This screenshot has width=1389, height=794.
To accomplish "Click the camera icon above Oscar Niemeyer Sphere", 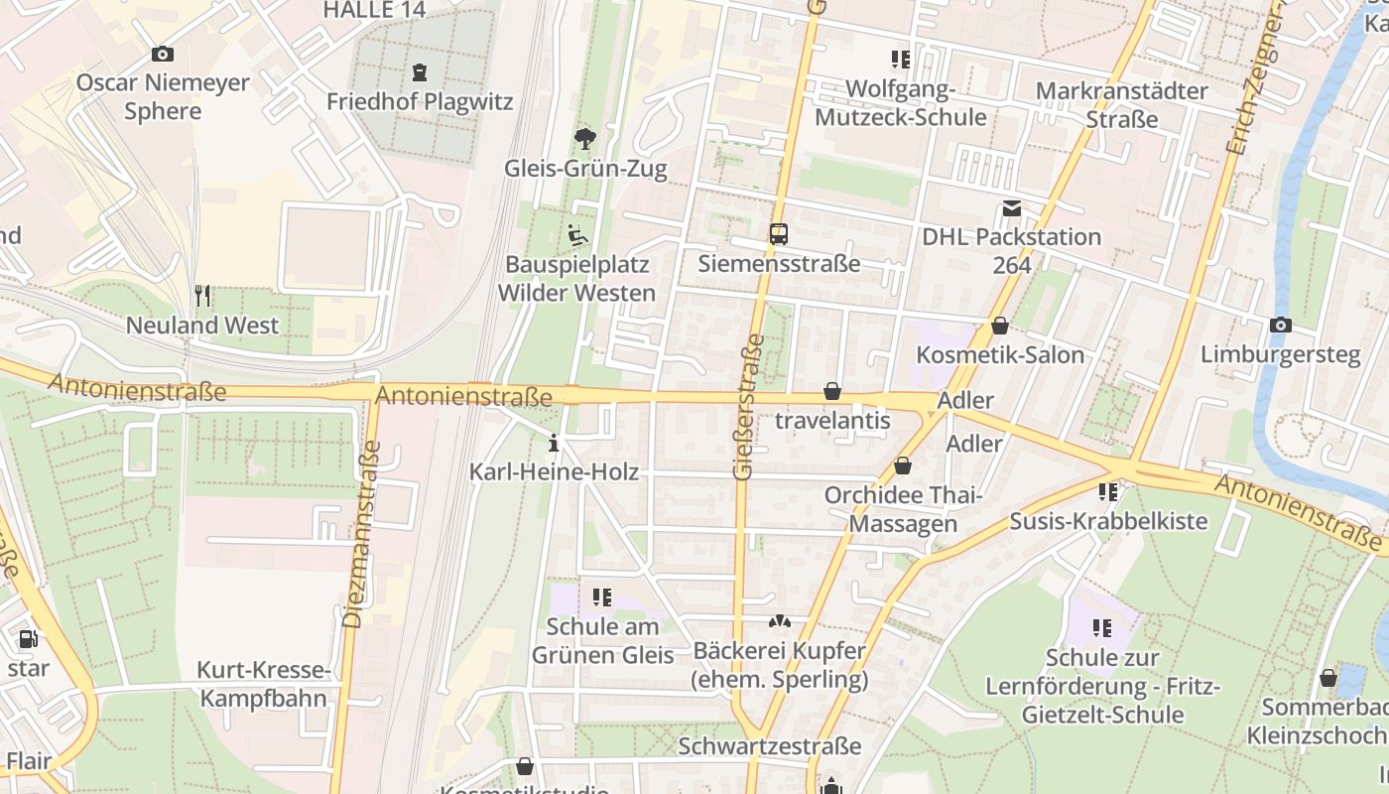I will coord(163,54).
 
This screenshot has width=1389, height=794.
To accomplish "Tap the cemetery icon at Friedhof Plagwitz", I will coord(419,71).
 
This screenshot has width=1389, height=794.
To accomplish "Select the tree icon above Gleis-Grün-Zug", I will coord(585,138).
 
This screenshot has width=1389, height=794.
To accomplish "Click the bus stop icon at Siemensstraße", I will coord(779,234).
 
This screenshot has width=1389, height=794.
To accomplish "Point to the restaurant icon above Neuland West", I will coord(202,295).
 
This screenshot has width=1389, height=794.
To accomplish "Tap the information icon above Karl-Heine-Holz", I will coord(554,442).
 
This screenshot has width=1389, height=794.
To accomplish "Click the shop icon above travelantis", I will coord(832,391).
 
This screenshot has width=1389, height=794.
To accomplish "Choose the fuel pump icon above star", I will coord(28,638).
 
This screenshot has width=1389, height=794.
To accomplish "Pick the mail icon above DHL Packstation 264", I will coord(1011,208).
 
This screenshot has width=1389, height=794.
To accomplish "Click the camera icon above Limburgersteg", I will coord(1281,325).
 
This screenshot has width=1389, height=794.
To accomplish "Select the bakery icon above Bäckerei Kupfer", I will coord(780,622).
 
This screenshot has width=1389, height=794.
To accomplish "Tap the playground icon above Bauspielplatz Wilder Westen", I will coord(576,235).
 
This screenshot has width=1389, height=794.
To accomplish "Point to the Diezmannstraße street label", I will coord(361,533).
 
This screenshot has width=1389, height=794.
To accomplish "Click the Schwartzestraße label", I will coord(770,745).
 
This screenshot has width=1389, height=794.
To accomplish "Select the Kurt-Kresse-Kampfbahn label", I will coord(263,684).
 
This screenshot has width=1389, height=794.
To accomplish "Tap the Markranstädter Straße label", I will coord(1121,104).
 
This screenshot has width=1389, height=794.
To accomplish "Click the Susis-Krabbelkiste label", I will coord(1108,521).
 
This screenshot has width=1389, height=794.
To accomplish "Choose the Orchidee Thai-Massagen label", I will coord(903,508).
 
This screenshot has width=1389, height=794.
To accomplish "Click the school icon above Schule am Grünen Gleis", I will coord(602,596).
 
